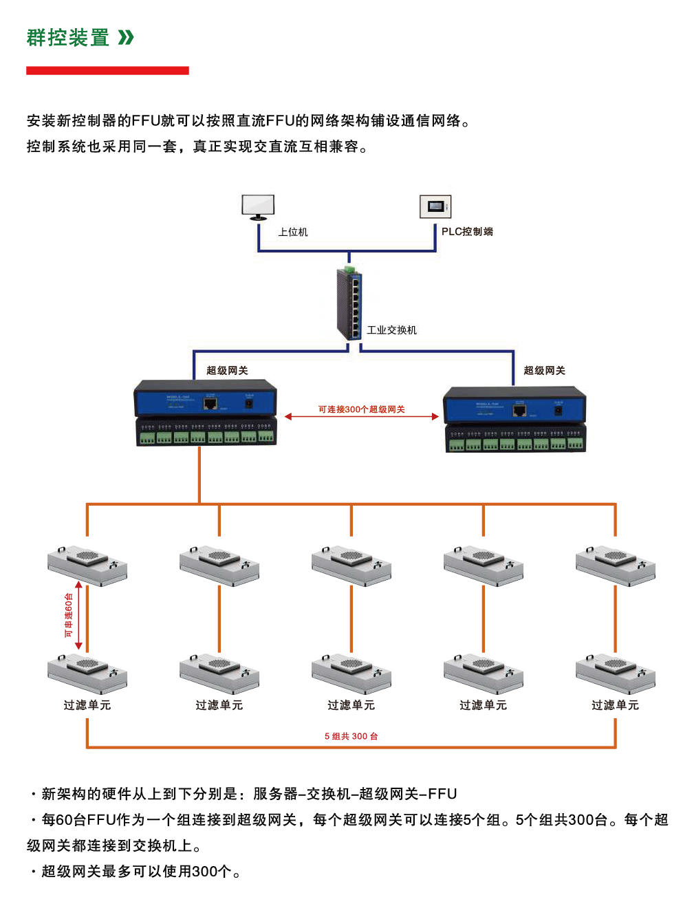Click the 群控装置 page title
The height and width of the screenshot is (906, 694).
(68, 38)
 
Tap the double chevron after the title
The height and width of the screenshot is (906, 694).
(126, 37)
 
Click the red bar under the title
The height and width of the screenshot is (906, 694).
(107, 70)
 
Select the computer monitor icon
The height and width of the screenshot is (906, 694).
(258, 207)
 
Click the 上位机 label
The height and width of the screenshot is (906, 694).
(293, 233)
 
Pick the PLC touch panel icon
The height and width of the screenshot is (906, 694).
(435, 206)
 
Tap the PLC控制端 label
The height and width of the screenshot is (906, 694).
(467, 232)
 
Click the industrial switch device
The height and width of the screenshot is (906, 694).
(349, 303)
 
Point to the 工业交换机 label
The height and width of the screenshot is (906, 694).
(391, 330)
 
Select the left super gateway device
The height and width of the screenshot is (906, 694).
(206, 412)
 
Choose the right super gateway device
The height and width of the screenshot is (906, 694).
(515, 419)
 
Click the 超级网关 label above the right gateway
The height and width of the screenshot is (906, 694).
(544, 371)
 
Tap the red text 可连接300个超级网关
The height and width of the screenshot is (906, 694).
(361, 409)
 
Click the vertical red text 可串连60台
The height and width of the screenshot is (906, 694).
(68, 615)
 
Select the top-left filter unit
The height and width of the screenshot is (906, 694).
(87, 566)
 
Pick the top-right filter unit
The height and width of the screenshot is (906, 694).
(616, 566)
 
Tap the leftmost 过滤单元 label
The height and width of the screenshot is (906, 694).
(87, 705)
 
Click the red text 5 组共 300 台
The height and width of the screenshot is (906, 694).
(351, 736)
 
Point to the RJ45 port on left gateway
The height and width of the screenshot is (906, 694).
(210, 403)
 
